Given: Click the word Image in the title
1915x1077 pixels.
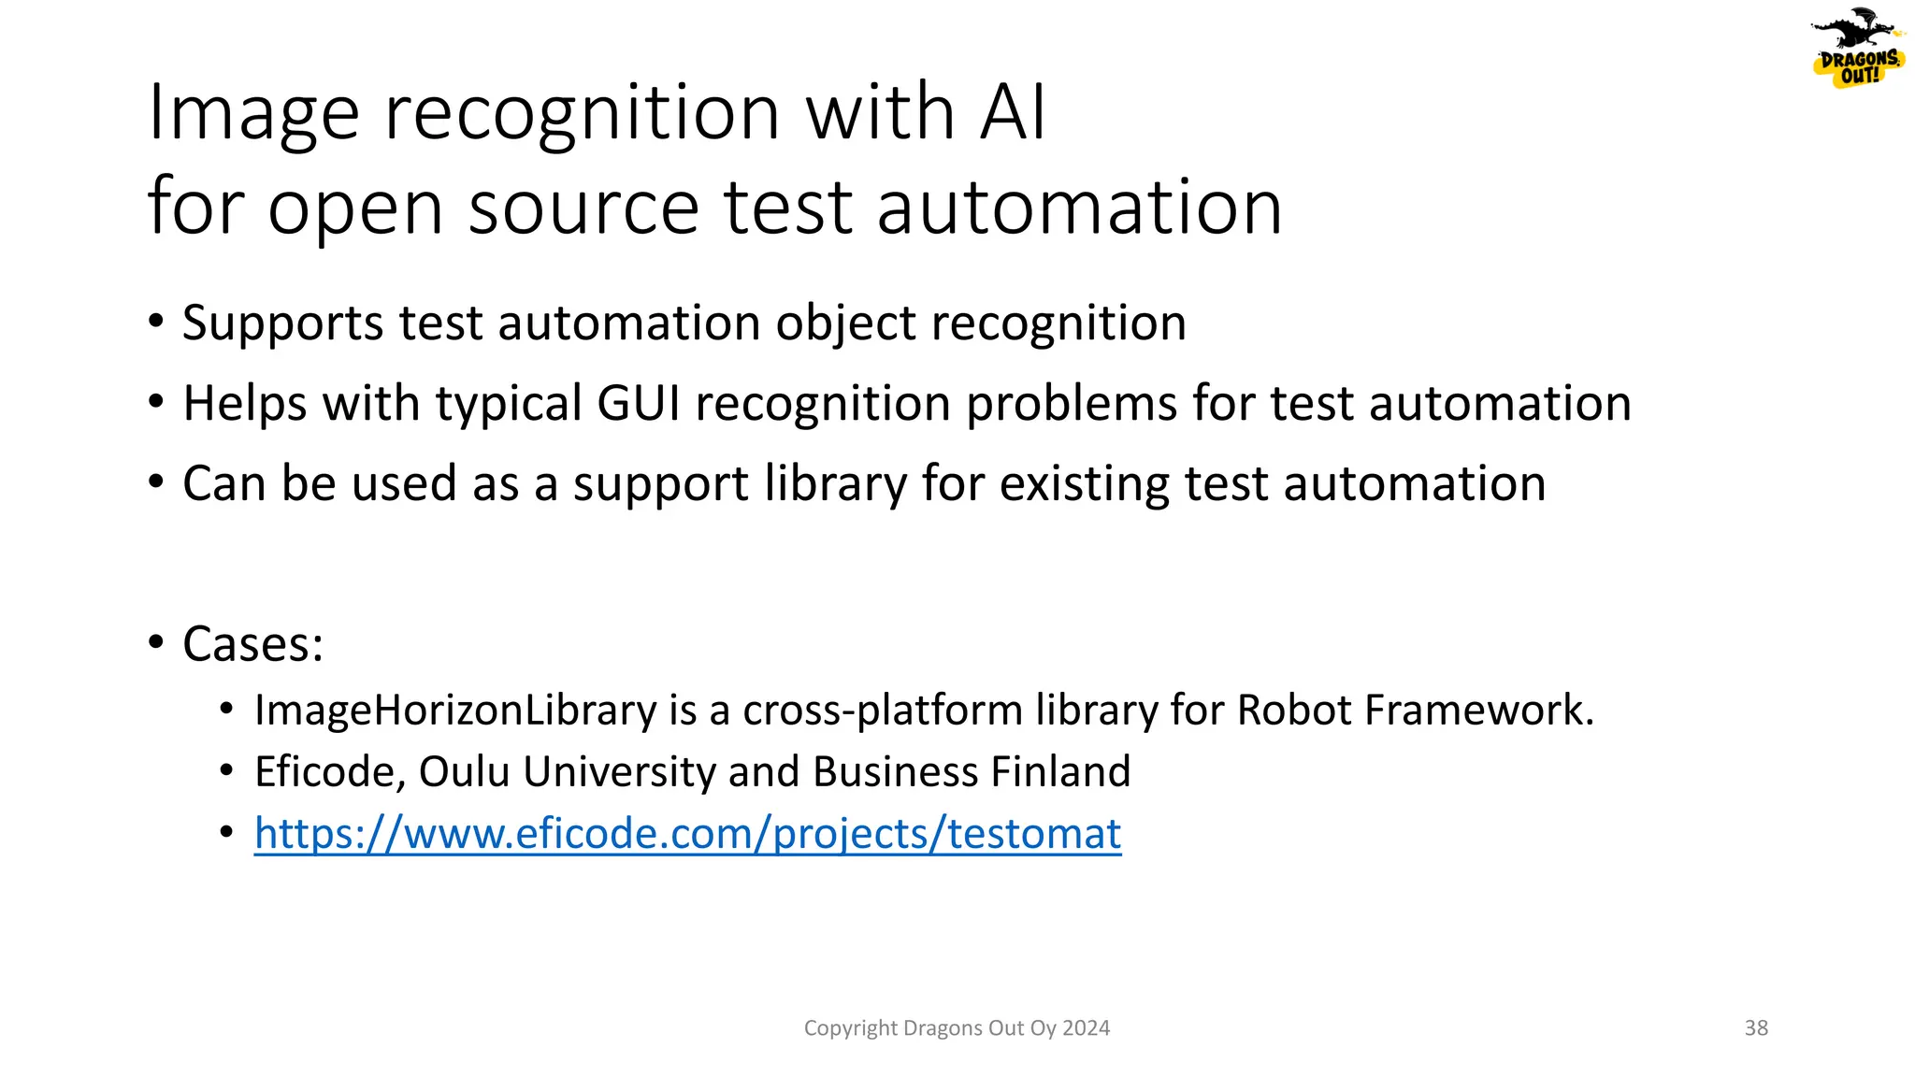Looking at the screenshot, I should (x=253, y=114).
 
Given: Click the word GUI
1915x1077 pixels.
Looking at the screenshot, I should (x=639, y=404).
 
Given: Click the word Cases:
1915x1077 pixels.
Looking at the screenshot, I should (x=253, y=644).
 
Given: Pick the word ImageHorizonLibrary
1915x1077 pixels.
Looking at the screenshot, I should (x=455, y=711).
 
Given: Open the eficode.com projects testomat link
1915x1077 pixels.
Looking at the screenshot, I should (x=687, y=834).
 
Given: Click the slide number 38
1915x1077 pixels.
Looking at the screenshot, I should (x=1756, y=1028).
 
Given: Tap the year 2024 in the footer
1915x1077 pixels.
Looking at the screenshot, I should (x=1087, y=1028).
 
